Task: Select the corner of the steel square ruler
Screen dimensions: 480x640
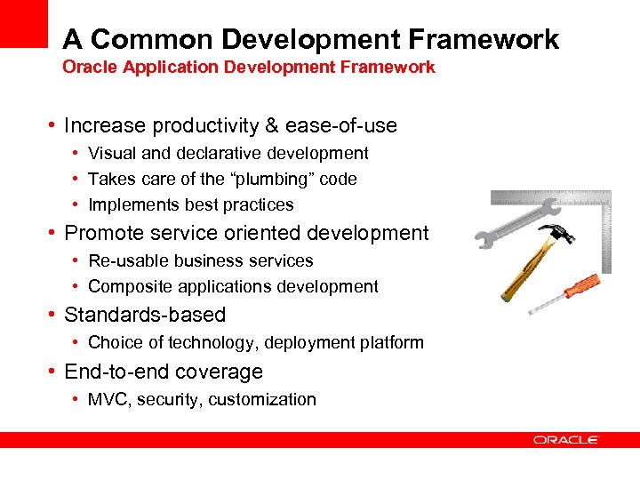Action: tap(604, 197)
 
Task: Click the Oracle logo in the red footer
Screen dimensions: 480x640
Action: tap(566, 440)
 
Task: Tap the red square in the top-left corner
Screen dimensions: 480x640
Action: tap(22, 23)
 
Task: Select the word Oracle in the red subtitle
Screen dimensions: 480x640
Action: tap(85, 67)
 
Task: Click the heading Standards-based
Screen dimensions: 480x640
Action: tap(145, 315)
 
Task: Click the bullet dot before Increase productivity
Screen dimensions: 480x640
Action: tap(53, 125)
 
